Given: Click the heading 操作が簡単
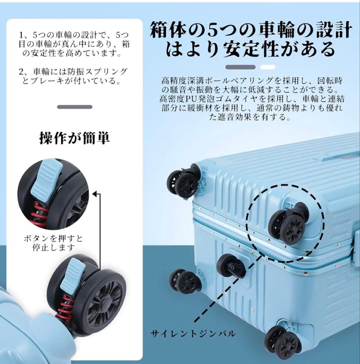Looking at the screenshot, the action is coord(74,138).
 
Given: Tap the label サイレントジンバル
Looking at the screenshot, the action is coord(193,334).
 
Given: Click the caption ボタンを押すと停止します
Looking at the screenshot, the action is coord(53,243).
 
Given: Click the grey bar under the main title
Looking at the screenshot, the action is coord(240,67).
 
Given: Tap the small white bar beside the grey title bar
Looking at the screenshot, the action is coord(268,67).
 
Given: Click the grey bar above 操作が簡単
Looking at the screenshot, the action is coord(75,107).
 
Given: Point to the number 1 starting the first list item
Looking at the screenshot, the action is coord(21,35).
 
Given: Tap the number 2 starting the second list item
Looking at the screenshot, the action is coord(21,72).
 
